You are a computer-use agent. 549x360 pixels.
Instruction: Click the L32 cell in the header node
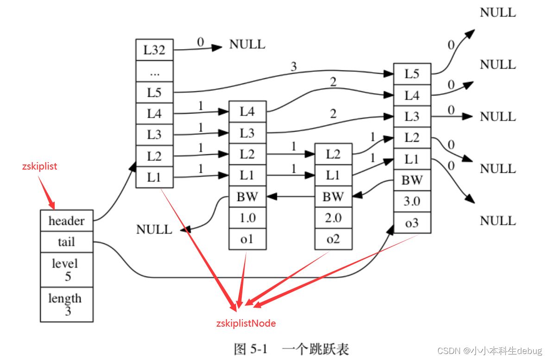tap(154, 50)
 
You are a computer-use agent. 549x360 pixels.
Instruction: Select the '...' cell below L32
tap(154, 71)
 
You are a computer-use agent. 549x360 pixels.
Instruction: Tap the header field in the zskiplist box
tap(67, 221)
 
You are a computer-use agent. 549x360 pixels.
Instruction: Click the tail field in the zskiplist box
tap(67, 242)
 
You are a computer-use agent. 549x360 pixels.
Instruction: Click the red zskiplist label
tap(39, 166)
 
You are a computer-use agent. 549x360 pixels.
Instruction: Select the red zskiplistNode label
tap(246, 323)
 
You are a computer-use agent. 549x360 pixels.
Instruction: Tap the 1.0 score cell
tap(247, 218)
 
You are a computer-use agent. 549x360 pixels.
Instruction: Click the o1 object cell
tap(247, 239)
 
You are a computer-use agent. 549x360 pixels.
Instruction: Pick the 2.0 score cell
tap(333, 218)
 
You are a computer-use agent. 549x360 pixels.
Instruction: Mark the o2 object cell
tap(333, 239)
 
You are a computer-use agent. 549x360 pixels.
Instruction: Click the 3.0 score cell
tap(412, 202)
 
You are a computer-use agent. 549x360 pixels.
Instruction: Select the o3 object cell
tap(412, 223)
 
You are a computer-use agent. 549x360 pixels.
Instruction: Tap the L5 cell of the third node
tap(412, 74)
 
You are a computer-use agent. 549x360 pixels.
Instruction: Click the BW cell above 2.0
tap(333, 197)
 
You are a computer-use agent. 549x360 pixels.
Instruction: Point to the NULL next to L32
tap(247, 44)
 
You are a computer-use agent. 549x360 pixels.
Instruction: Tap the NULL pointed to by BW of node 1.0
tap(154, 229)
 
